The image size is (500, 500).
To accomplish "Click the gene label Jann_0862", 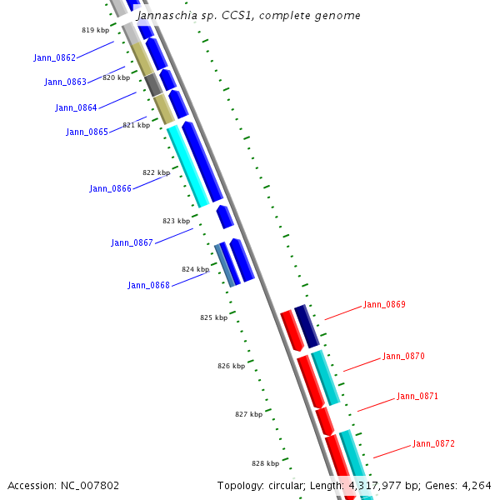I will click(x=54, y=57).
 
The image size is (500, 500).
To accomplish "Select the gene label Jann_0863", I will click(x=65, y=82).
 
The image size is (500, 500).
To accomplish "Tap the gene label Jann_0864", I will click(x=76, y=107).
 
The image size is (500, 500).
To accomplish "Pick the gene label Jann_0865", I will click(x=87, y=132).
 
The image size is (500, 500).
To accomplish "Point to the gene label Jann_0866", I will click(x=110, y=188).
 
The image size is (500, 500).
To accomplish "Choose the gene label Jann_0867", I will click(x=132, y=242).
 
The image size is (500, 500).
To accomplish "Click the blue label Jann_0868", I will click(x=148, y=285).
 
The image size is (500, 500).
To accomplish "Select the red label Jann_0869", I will click(x=384, y=304).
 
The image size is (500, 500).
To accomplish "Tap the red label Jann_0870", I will click(x=403, y=356).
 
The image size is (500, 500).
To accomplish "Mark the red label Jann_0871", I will click(x=417, y=396).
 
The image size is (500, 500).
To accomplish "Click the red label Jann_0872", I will click(x=433, y=443).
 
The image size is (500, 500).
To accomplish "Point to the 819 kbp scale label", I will click(x=95, y=30).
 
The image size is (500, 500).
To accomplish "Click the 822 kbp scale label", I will click(x=156, y=172).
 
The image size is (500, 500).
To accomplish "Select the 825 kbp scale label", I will click(x=213, y=317).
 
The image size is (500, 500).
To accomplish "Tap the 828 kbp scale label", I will click(x=265, y=463).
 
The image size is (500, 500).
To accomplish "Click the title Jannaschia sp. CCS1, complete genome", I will click(x=248, y=15).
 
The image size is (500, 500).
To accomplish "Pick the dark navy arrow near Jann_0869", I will click(x=307, y=326).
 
